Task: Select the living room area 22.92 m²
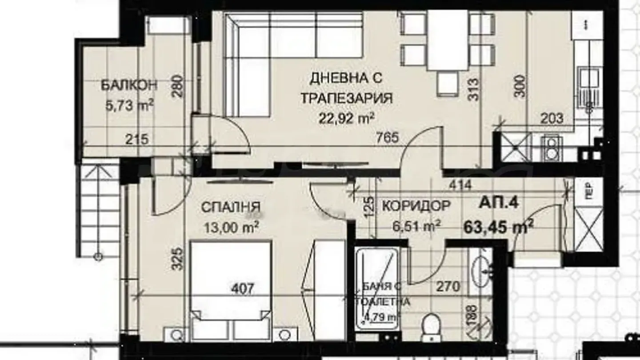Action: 346,118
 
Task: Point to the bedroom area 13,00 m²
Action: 231,228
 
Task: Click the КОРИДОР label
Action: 416,206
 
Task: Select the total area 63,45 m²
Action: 498,227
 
